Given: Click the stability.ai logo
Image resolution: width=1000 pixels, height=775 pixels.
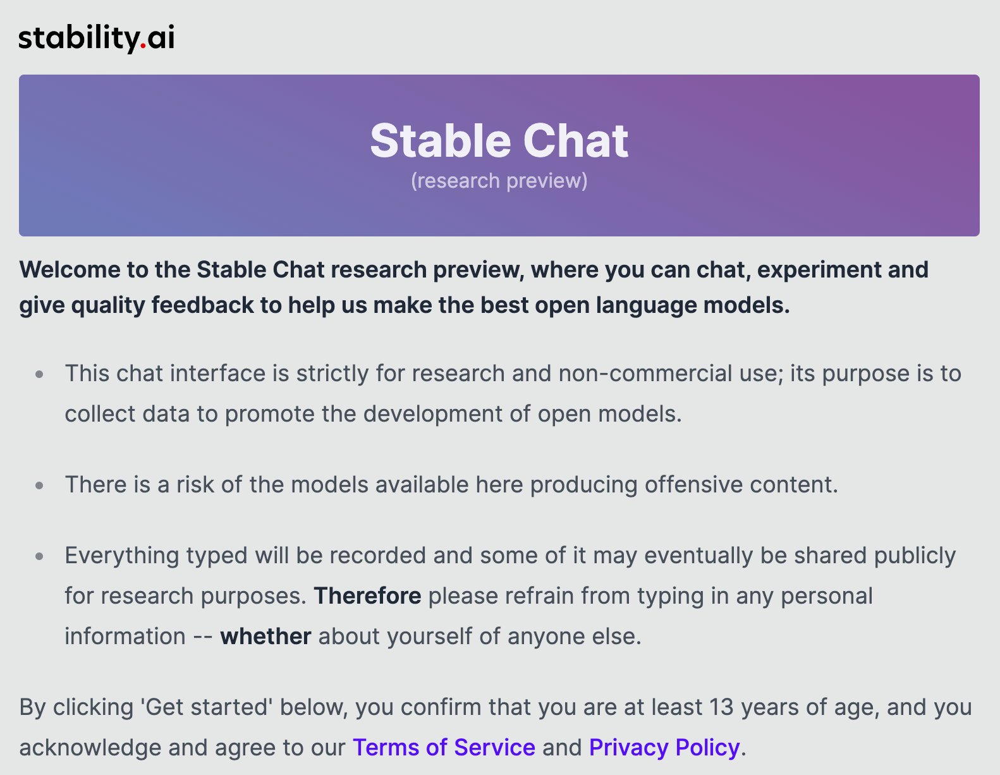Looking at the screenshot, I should pos(96,38).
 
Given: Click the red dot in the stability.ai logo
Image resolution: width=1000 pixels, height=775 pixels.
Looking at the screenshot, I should pos(143,46).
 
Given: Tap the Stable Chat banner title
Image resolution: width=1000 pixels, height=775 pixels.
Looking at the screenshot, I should pos(499,140).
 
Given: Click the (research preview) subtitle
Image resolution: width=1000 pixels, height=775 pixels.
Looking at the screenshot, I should pos(499,181).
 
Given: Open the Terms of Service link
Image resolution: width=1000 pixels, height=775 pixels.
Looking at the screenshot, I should pos(444,747).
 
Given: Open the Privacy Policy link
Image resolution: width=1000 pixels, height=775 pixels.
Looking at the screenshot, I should pos(664,747).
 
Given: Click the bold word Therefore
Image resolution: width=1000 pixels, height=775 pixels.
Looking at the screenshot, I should pos(367,596).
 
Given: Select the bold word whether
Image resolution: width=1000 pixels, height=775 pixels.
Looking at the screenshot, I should pos(265,637).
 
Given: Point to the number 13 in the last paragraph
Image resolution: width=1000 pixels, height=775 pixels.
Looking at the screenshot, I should pos(721,707).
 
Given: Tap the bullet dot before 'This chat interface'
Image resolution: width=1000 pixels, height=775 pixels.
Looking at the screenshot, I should pos(40,374).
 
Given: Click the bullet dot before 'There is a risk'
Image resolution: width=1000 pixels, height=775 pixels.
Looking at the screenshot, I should pos(40,485).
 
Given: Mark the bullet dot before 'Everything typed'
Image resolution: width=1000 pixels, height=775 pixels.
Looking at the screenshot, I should pos(40,556).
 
